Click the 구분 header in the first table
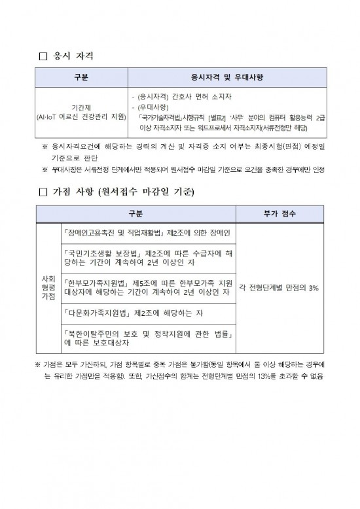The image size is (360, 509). click(x=82, y=77)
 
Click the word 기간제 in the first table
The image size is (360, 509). click(x=82, y=107)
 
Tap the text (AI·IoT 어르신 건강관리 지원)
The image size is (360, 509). click(x=82, y=116)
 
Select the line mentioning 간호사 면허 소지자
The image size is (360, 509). click(x=183, y=97)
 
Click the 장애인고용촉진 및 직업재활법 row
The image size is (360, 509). click(x=149, y=232)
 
